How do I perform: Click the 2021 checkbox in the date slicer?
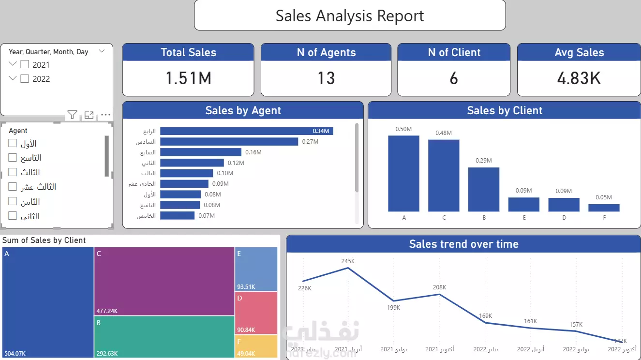point(25,64)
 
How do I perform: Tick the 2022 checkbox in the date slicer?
point(25,79)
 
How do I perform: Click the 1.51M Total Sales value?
point(188,78)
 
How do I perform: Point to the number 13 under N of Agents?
point(326,78)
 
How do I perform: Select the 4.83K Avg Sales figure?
point(579,78)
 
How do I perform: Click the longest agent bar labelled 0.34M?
point(246,131)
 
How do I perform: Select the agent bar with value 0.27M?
point(229,142)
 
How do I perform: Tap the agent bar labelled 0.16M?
point(200,152)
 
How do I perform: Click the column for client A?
point(403,174)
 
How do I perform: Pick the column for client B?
point(484,190)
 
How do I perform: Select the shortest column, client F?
point(604,208)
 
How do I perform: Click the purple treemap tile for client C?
point(164,281)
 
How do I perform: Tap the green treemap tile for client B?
point(164,337)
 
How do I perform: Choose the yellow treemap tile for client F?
point(256,346)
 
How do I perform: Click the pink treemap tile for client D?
point(256,313)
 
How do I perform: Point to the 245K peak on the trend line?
point(348,268)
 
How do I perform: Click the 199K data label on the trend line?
point(393,308)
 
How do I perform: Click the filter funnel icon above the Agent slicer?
point(72,115)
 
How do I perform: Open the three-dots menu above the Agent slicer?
point(105,115)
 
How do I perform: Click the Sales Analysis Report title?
point(349,15)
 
